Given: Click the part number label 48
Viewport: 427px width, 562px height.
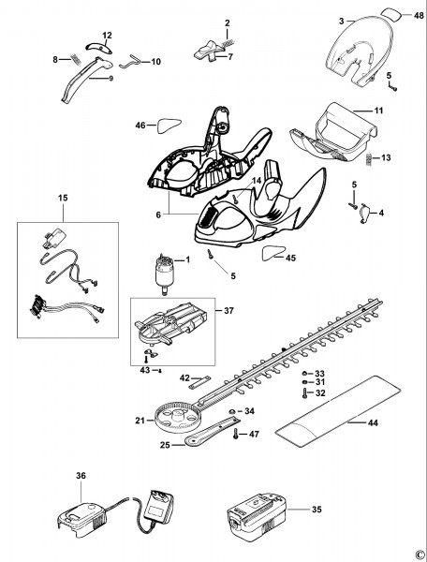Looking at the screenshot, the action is (418, 16).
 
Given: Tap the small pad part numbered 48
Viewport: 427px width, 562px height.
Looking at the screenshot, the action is (391, 15).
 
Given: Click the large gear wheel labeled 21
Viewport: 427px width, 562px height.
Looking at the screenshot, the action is (177, 417).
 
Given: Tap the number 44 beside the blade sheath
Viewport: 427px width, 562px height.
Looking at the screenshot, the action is (373, 423).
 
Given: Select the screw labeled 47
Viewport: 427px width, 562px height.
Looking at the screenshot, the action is (236, 434).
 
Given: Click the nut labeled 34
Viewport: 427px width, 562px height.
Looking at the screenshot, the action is (232, 411).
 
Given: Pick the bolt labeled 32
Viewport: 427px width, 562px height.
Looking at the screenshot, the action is (304, 393).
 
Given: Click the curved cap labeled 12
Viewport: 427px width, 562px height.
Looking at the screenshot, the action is (98, 48).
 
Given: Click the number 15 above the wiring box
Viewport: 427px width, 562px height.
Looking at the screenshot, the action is (63, 198).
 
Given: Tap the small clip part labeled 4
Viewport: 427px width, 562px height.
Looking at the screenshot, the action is (365, 214).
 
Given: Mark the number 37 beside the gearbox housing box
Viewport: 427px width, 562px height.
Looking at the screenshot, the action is (228, 310).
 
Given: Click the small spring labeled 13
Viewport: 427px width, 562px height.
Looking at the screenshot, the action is (369, 159).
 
